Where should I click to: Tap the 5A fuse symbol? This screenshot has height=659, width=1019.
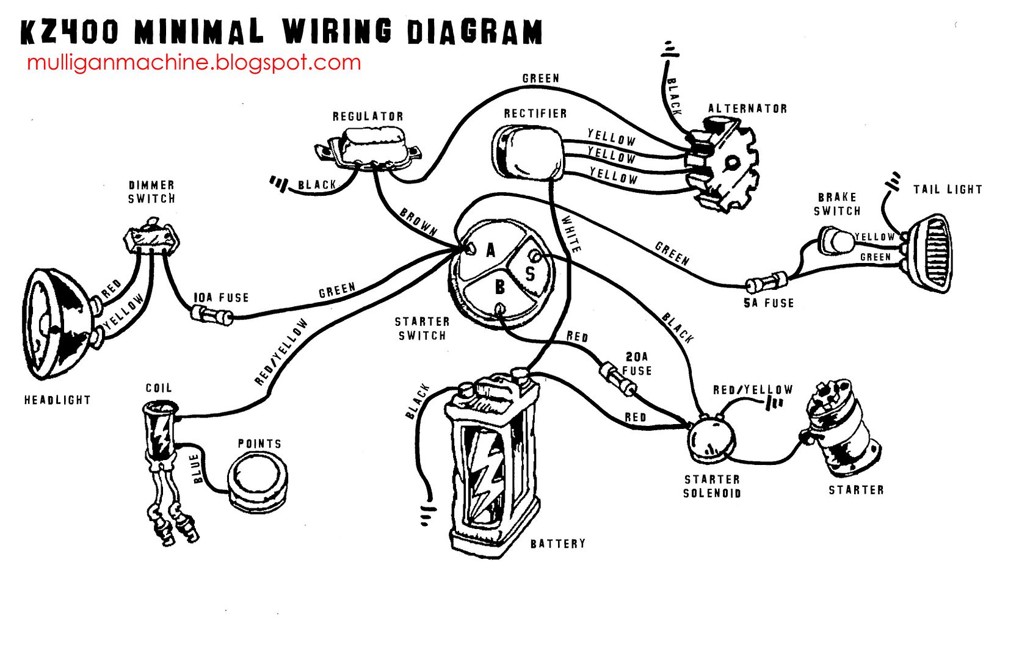[767, 283]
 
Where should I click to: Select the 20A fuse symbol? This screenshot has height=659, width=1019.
[618, 378]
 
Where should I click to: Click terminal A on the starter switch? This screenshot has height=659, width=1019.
[471, 249]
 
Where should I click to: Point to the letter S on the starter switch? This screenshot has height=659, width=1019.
[530, 273]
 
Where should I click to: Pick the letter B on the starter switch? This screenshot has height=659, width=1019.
[500, 287]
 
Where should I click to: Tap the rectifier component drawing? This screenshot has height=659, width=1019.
[526, 153]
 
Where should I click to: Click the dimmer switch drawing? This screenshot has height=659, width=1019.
[151, 238]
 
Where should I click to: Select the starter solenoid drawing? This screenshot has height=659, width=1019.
[711, 439]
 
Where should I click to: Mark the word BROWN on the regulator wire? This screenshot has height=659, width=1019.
[418, 221]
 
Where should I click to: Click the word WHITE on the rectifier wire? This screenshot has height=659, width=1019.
[571, 233]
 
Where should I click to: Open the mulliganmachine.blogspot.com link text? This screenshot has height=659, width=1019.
[194, 62]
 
